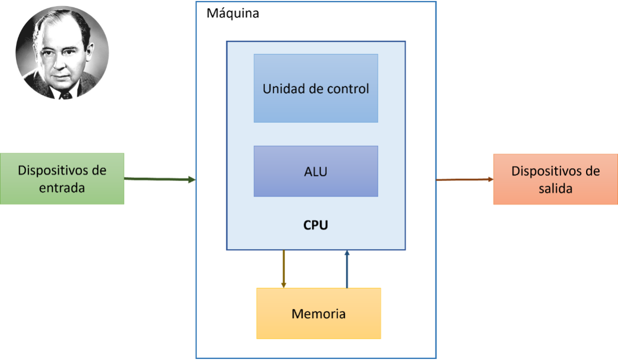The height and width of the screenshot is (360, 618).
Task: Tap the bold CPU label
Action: (x=315, y=225)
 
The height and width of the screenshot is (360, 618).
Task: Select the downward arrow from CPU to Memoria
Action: (x=283, y=268)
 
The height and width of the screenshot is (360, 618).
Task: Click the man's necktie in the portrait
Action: (x=65, y=95)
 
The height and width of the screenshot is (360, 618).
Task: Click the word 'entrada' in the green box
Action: (x=62, y=188)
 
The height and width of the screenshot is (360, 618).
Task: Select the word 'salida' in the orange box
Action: (x=556, y=189)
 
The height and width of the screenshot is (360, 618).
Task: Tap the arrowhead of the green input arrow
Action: (x=191, y=179)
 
